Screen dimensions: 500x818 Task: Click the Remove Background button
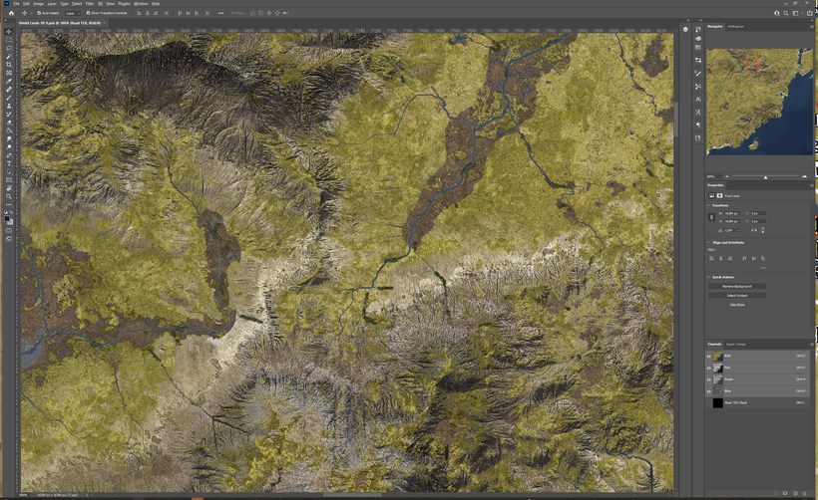pyautogui.click(x=737, y=286)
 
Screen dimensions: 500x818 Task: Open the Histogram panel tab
pyautogui.click(x=735, y=26)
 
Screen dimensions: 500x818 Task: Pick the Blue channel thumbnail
pyautogui.click(x=718, y=391)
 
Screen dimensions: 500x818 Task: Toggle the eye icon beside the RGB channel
pyautogui.click(x=709, y=356)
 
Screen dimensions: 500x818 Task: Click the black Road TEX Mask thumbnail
pyautogui.click(x=718, y=403)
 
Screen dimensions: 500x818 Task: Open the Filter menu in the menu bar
pyautogui.click(x=90, y=4)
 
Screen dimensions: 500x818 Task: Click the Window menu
pyautogui.click(x=141, y=4)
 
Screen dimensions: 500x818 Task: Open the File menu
pyautogui.click(x=16, y=4)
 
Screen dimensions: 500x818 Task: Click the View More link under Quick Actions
pyautogui.click(x=736, y=304)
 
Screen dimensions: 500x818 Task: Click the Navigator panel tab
pyautogui.click(x=716, y=26)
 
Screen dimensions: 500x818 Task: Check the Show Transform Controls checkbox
pyautogui.click(x=89, y=13)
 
